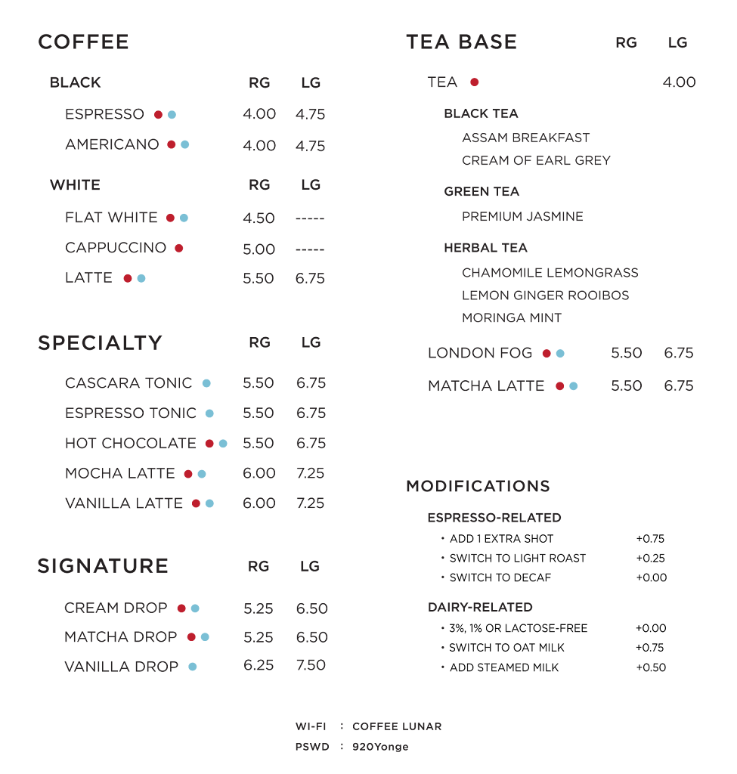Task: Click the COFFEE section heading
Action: click(83, 42)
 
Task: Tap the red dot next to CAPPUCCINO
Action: click(178, 248)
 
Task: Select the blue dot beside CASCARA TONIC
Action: click(206, 383)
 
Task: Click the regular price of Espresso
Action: click(259, 114)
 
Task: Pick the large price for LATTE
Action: click(310, 278)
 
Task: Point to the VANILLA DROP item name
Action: click(121, 667)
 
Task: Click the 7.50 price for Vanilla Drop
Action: click(311, 665)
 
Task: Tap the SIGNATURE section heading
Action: click(103, 566)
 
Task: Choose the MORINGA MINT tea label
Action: click(512, 318)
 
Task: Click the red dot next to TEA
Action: click(474, 82)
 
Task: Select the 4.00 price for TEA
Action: click(679, 82)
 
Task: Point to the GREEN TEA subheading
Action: click(482, 192)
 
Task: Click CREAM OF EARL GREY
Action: click(536, 160)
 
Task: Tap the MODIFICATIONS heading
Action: click(478, 486)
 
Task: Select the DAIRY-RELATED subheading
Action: click(480, 607)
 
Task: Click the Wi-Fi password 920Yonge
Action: click(380, 747)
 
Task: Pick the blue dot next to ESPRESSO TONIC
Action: click(209, 413)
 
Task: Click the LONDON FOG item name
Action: click(480, 353)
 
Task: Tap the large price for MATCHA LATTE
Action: click(678, 386)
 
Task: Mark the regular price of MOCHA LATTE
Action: click(259, 473)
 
